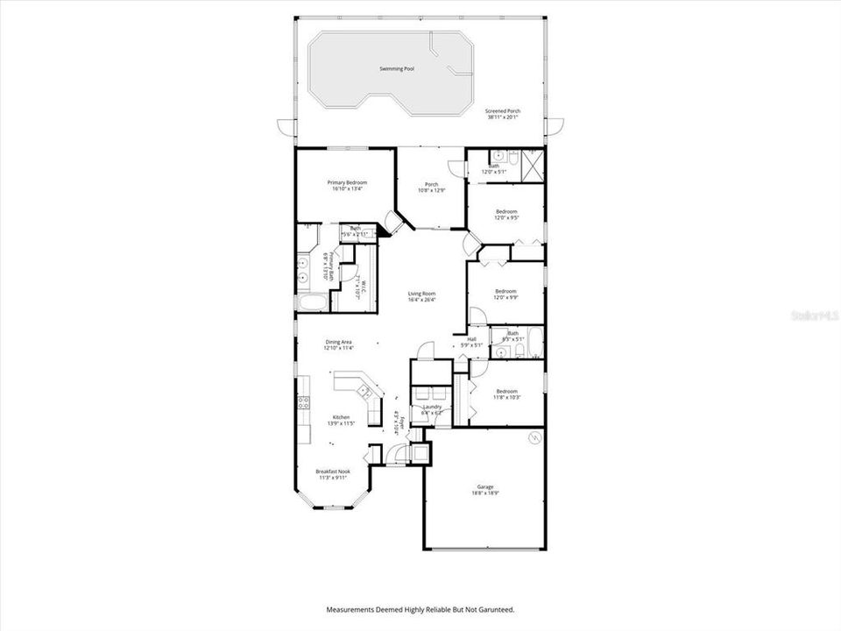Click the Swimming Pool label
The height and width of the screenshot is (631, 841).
396,68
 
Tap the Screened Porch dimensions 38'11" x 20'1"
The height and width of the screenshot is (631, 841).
503,117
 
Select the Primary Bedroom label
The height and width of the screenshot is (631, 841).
347,182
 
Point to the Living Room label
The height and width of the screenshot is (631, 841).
422,294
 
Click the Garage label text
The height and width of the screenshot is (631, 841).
484,490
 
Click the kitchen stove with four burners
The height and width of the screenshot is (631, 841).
304,403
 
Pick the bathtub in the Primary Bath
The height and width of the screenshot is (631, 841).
311,303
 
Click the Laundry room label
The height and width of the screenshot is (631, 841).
431,407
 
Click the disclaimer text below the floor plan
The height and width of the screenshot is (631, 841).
420,609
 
